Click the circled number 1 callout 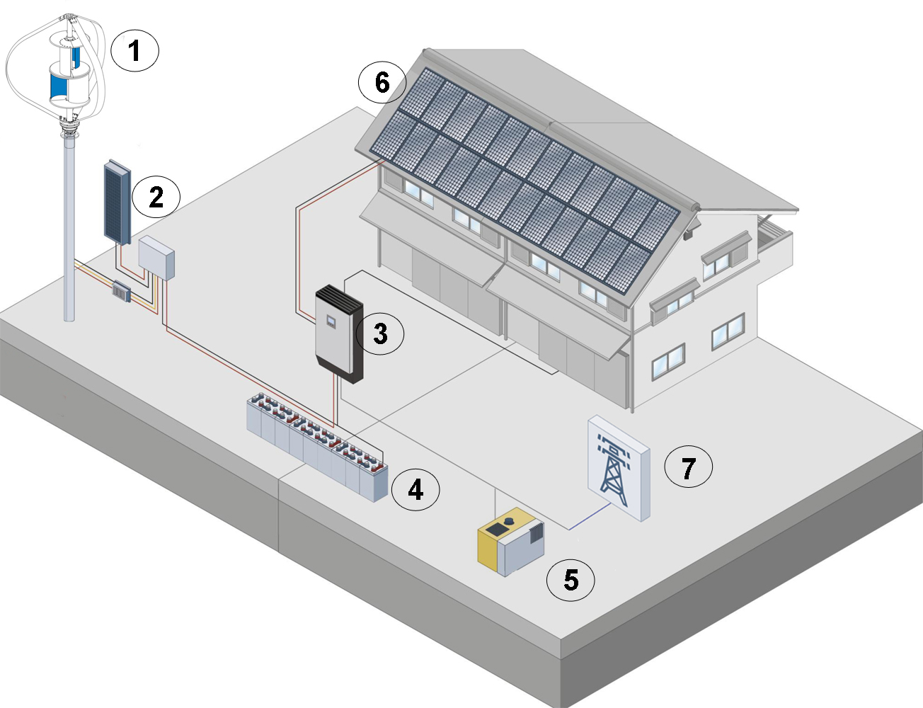click(x=134, y=50)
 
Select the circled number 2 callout click(x=156, y=198)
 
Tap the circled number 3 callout click(x=379, y=334)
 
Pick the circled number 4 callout click(x=415, y=490)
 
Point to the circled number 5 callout click(x=571, y=580)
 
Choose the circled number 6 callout click(x=382, y=83)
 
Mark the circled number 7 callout click(x=688, y=467)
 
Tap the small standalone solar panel click(x=117, y=202)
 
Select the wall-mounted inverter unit click(x=339, y=334)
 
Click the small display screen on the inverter click(x=331, y=322)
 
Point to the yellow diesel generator click(x=511, y=542)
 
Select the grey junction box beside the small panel click(x=156, y=258)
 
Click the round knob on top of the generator click(x=508, y=521)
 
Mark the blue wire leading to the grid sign click(x=590, y=516)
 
